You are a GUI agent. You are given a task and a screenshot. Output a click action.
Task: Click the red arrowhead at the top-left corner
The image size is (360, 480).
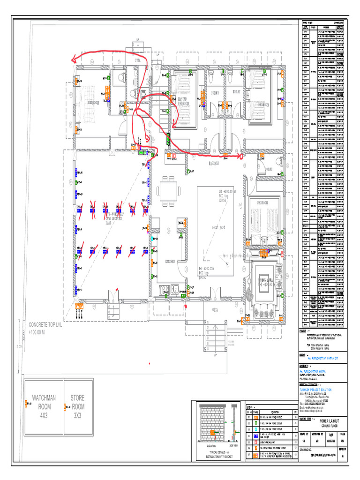74,59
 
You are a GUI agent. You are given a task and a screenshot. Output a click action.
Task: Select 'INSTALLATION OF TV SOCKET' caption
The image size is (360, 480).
216,455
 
